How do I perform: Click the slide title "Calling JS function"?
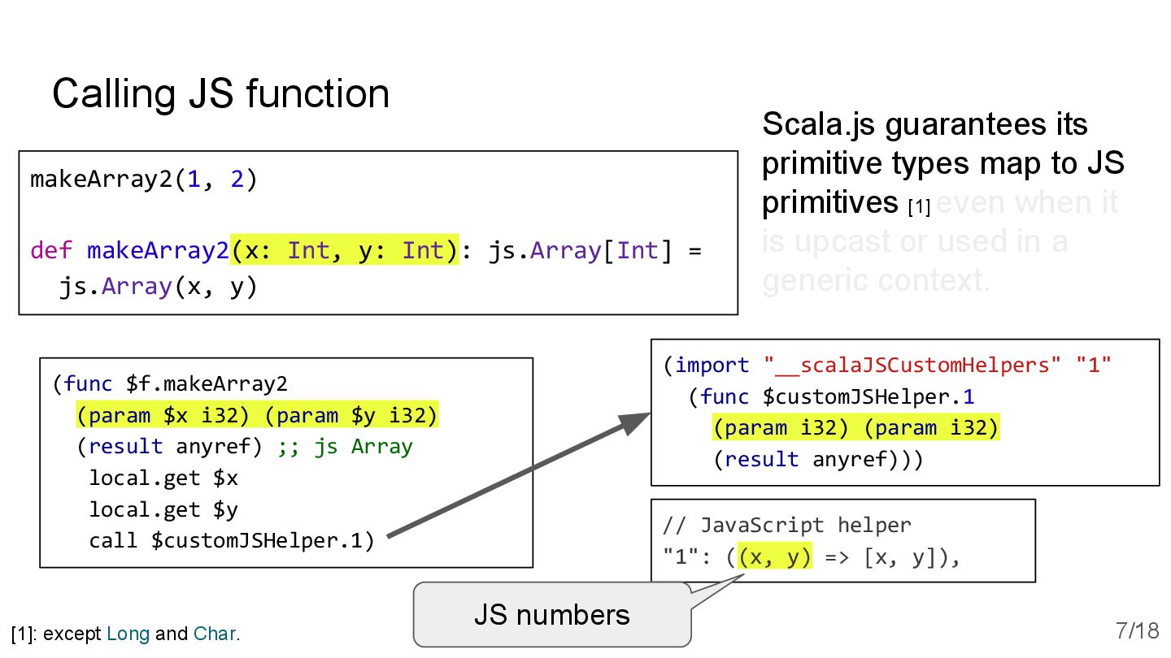[x=220, y=93]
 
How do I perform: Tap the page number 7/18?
[x=1137, y=630]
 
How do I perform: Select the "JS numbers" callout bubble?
[x=551, y=615]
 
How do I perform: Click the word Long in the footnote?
[x=128, y=634]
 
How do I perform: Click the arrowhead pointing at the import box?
[x=634, y=422]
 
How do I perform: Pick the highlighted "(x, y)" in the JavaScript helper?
[x=774, y=557]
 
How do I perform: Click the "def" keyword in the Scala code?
[x=51, y=250]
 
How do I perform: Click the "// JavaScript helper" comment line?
[x=786, y=526]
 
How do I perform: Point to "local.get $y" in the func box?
[x=163, y=509]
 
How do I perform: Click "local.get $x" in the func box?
[x=163, y=478]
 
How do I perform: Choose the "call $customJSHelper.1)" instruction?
[x=232, y=540]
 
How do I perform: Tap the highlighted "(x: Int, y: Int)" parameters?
[x=345, y=250]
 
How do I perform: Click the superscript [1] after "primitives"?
[x=919, y=207]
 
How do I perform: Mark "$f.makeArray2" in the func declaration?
[x=207, y=383]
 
